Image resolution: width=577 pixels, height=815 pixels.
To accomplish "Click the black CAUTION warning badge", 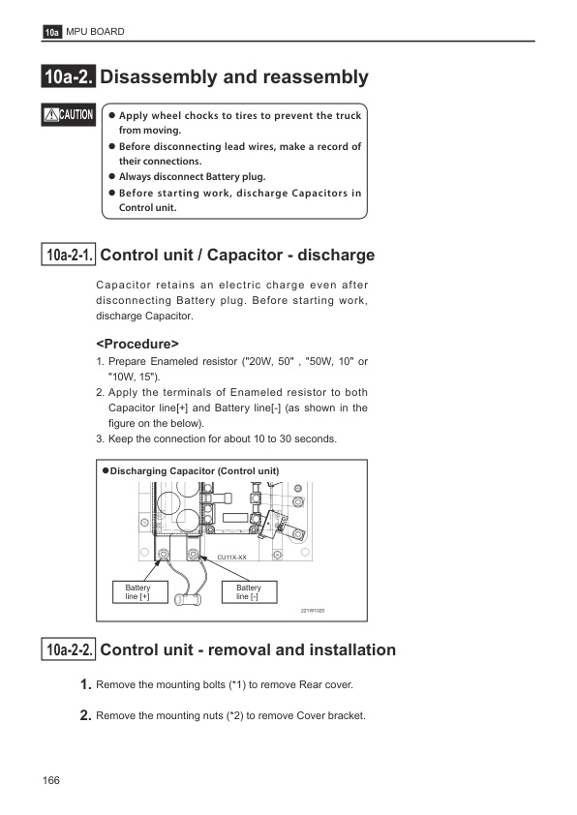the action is [69, 114].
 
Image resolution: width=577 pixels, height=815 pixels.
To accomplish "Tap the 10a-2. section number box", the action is [69, 76].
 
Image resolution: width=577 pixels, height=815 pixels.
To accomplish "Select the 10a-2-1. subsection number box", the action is [69, 255].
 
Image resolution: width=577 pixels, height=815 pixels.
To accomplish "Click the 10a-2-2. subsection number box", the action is [69, 649].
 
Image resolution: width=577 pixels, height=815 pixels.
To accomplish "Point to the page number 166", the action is [51, 780].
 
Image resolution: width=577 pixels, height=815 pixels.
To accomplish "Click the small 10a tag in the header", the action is [51, 32].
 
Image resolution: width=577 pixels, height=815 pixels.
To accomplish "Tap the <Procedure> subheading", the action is [137, 344].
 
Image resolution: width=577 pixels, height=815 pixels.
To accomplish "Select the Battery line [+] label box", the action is [140, 592].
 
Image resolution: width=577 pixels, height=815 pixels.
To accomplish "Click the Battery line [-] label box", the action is [250, 592].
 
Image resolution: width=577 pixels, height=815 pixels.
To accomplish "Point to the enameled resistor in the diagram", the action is [188, 599].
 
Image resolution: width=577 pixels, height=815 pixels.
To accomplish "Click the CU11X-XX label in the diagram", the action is [231, 558].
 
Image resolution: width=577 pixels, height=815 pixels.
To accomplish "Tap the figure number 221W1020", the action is [313, 611].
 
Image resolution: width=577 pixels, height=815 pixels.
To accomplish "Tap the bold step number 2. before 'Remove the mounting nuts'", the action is [86, 715].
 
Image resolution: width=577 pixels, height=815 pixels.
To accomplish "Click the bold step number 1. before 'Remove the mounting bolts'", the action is [86, 684].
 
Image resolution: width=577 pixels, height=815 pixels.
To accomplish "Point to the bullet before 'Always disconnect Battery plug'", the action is [111, 176].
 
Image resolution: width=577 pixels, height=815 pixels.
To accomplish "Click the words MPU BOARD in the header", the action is [95, 32].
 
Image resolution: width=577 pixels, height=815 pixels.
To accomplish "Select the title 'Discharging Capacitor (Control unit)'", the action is [195, 471].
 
